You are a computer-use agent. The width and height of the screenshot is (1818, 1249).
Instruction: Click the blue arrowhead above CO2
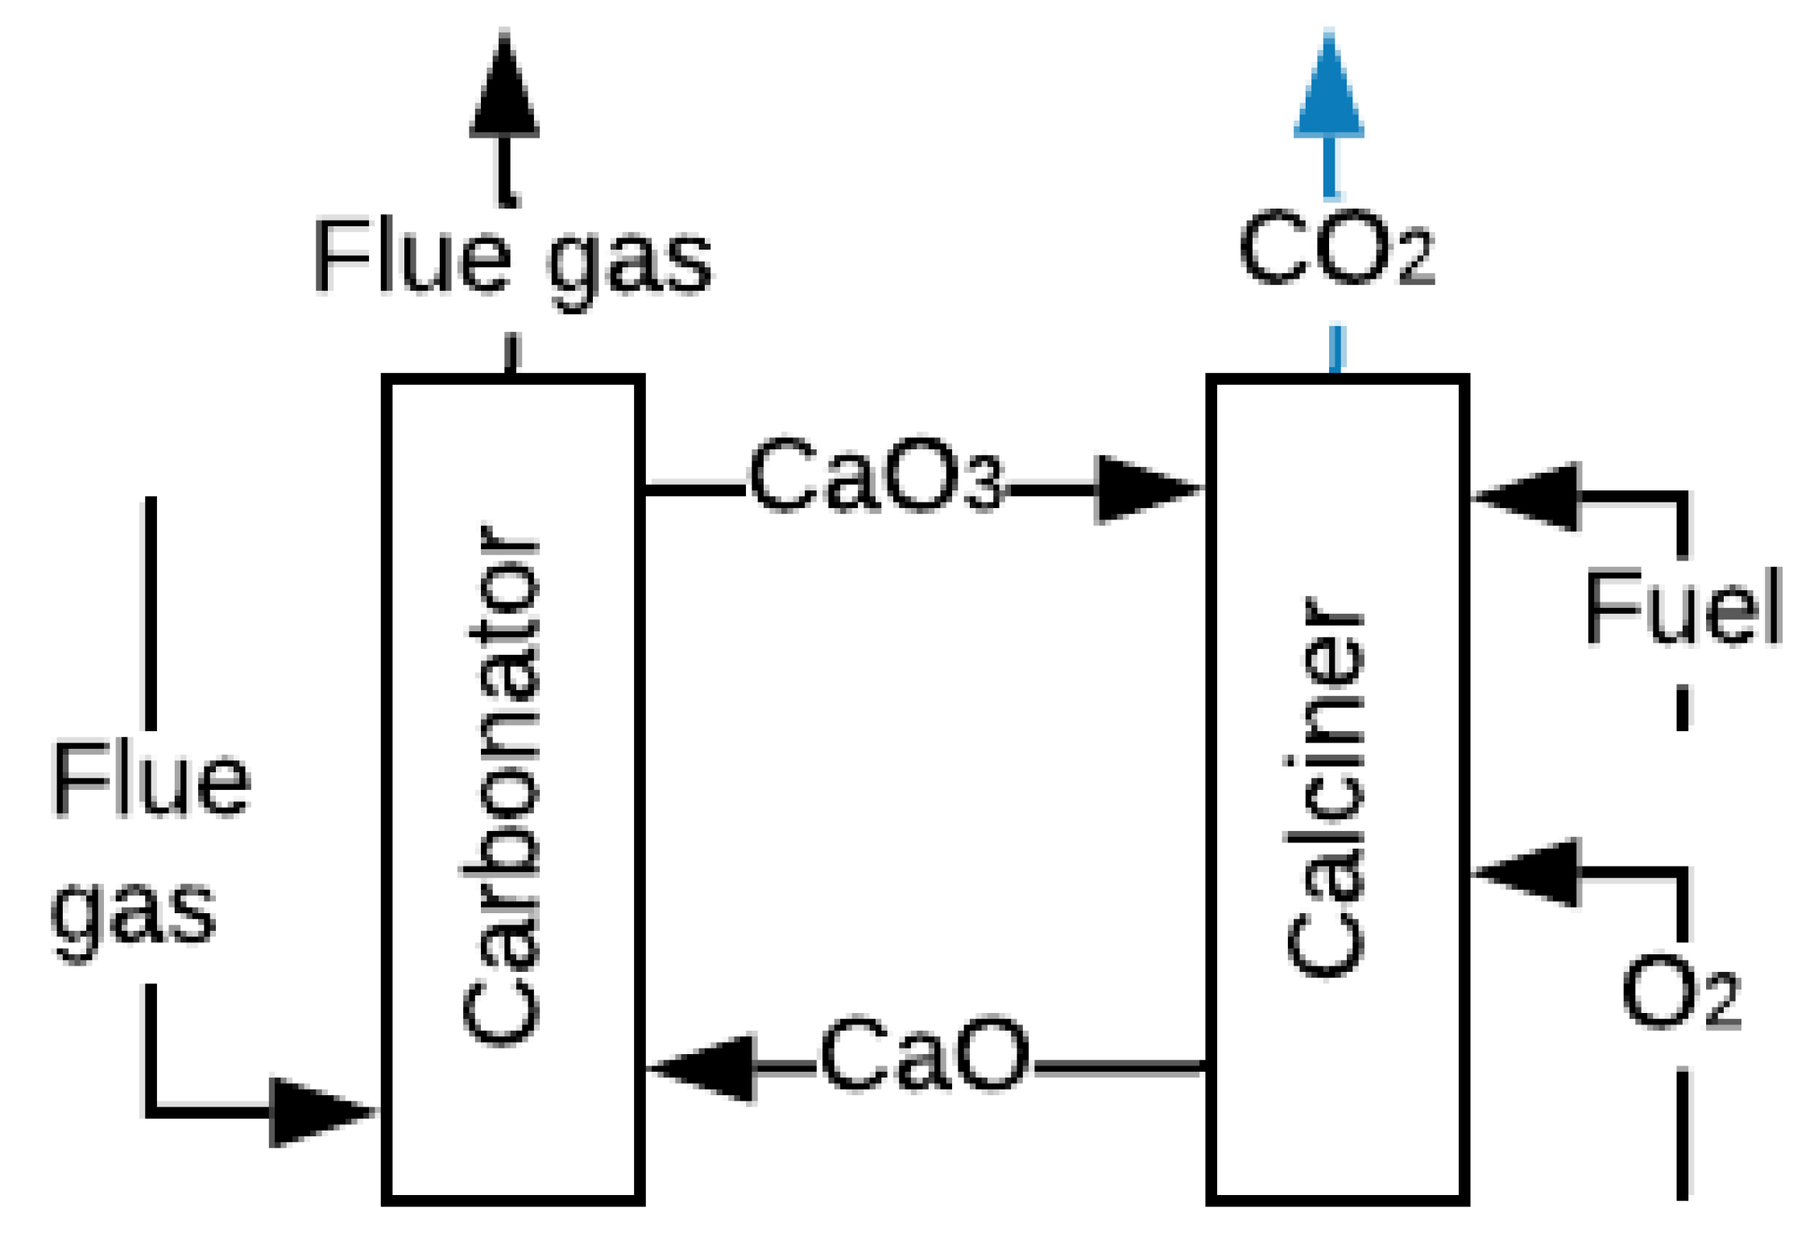(x=1328, y=89)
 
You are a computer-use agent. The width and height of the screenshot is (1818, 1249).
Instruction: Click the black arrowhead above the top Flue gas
(x=504, y=89)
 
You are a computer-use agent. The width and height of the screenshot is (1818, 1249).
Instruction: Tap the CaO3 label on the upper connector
(x=876, y=475)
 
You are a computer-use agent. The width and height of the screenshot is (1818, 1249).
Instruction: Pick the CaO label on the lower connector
(x=924, y=1054)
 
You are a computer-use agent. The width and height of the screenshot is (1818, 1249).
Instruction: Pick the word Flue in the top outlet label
(x=412, y=256)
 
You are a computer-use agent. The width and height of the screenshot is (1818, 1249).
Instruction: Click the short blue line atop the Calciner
(x=1336, y=349)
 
